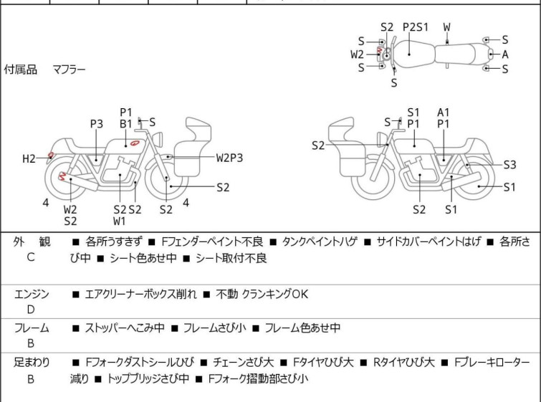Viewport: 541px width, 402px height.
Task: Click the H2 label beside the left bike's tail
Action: tap(29, 158)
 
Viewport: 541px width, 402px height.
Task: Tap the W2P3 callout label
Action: tap(229, 157)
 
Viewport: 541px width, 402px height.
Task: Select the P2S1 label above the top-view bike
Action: tap(415, 27)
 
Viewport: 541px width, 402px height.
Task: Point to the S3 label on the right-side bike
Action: tap(509, 164)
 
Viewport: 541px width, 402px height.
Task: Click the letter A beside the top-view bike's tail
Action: tap(505, 54)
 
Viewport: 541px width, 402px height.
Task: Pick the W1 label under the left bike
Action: tap(119, 221)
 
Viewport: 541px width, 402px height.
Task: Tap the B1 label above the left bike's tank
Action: tap(126, 124)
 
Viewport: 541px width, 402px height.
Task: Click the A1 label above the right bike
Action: tap(444, 112)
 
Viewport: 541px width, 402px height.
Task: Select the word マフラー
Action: tap(69, 70)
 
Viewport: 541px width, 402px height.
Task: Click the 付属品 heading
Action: tap(20, 70)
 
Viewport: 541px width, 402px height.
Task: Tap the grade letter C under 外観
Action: tap(31, 257)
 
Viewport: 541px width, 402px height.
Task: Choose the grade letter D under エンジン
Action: tap(31, 310)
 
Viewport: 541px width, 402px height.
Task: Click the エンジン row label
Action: tap(32, 293)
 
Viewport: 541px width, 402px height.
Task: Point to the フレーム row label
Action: tap(32, 327)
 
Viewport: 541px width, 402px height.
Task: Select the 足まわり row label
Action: tap(32, 363)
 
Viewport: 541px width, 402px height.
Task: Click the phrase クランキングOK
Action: tap(280, 294)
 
